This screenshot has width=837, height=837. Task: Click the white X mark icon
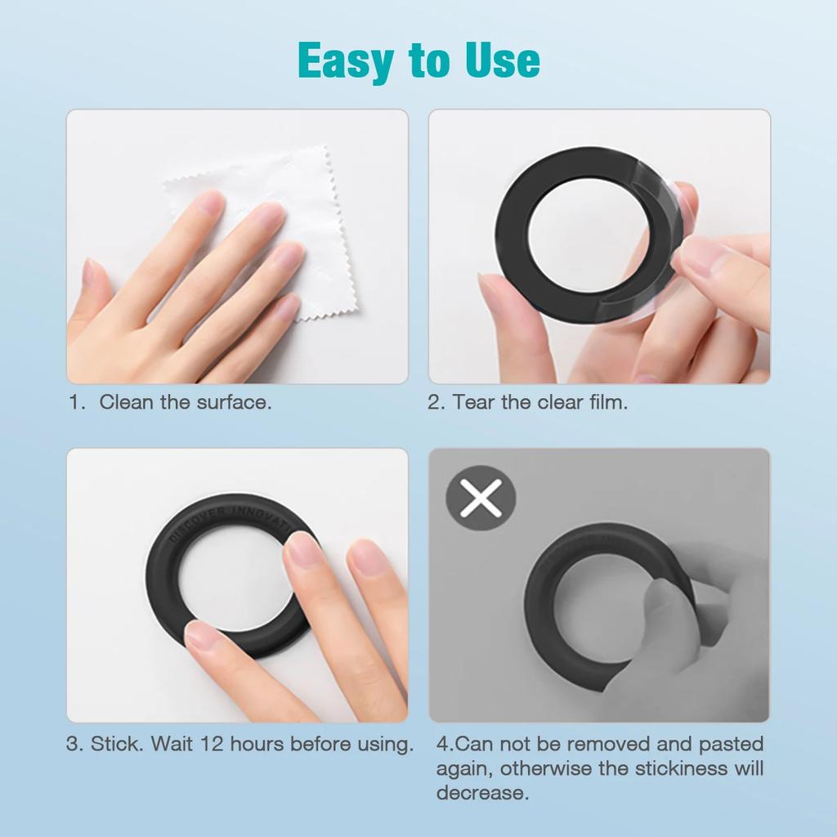tap(481, 499)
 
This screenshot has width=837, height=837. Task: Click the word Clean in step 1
tap(126, 402)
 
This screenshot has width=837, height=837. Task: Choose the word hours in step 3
tap(258, 745)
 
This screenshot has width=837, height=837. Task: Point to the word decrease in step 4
tap(481, 793)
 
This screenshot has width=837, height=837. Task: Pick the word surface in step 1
tap(232, 402)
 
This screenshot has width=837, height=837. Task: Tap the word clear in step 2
tap(557, 402)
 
